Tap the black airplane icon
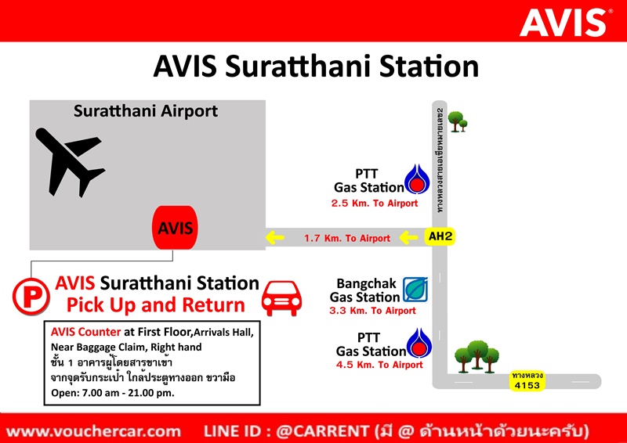pos(69,162)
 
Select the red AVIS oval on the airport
pos(175,228)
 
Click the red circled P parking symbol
pos(31,297)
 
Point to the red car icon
pos(281,298)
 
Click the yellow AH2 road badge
pos(440,236)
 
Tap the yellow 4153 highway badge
pos(527,380)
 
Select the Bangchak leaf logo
pos(415,290)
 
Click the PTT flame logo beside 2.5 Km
pos(417,179)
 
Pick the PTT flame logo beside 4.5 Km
pos(419,343)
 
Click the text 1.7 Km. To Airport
pos(347,239)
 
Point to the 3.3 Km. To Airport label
pos(373,311)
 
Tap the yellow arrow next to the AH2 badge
pos(408,237)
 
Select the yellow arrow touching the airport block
pos(275,238)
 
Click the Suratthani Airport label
pos(146,111)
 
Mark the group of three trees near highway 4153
pos(477,357)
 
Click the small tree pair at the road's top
pos(458,121)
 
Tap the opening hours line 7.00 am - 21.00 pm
pos(113,393)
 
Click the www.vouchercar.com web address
pos(93,431)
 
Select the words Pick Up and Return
pos(155,304)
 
